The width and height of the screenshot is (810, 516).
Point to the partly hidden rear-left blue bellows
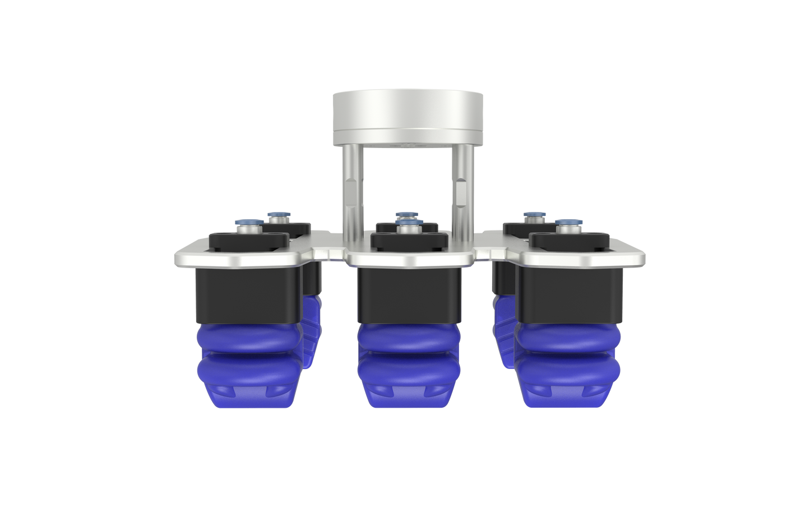[312, 331]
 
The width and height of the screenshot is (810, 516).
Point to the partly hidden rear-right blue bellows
[503, 331]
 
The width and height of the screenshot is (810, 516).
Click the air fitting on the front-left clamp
[247, 226]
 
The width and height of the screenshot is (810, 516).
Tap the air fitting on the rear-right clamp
[530, 216]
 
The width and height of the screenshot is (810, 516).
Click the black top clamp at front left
[248, 241]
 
